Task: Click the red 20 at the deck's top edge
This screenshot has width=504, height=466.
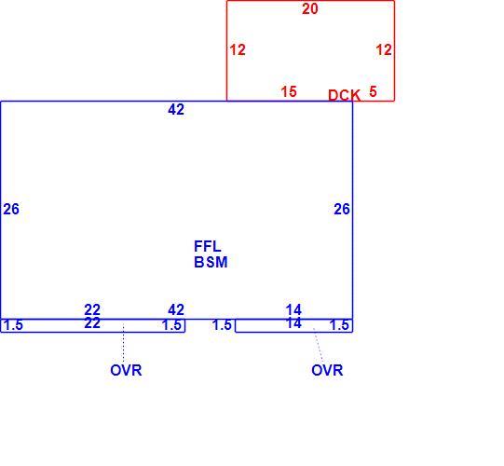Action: click(310, 8)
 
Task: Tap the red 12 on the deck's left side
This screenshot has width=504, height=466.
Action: click(238, 49)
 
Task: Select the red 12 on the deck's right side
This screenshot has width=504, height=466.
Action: click(384, 49)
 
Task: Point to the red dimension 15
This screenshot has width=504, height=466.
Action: click(289, 91)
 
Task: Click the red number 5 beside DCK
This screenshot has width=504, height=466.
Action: click(373, 91)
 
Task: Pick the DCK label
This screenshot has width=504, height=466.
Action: click(344, 95)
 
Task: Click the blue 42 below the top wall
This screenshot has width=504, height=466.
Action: click(176, 110)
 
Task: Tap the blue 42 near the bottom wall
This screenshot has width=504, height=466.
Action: click(176, 309)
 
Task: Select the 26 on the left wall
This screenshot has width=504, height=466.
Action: click(11, 209)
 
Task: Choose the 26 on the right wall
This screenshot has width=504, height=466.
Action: click(342, 209)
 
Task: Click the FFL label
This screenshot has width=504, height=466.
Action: click(208, 247)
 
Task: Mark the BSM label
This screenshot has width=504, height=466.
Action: click(211, 262)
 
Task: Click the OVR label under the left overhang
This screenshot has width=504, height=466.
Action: click(126, 371)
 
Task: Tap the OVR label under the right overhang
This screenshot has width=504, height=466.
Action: click(327, 371)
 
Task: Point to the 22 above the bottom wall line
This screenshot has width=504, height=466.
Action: click(92, 310)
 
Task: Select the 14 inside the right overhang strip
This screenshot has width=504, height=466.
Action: click(293, 323)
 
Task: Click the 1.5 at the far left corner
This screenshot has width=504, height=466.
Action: click(13, 325)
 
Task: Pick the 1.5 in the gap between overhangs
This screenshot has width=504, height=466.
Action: click(222, 325)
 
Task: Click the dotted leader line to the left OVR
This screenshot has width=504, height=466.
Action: click(123, 344)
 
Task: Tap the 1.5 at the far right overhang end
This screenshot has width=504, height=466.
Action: click(339, 325)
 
